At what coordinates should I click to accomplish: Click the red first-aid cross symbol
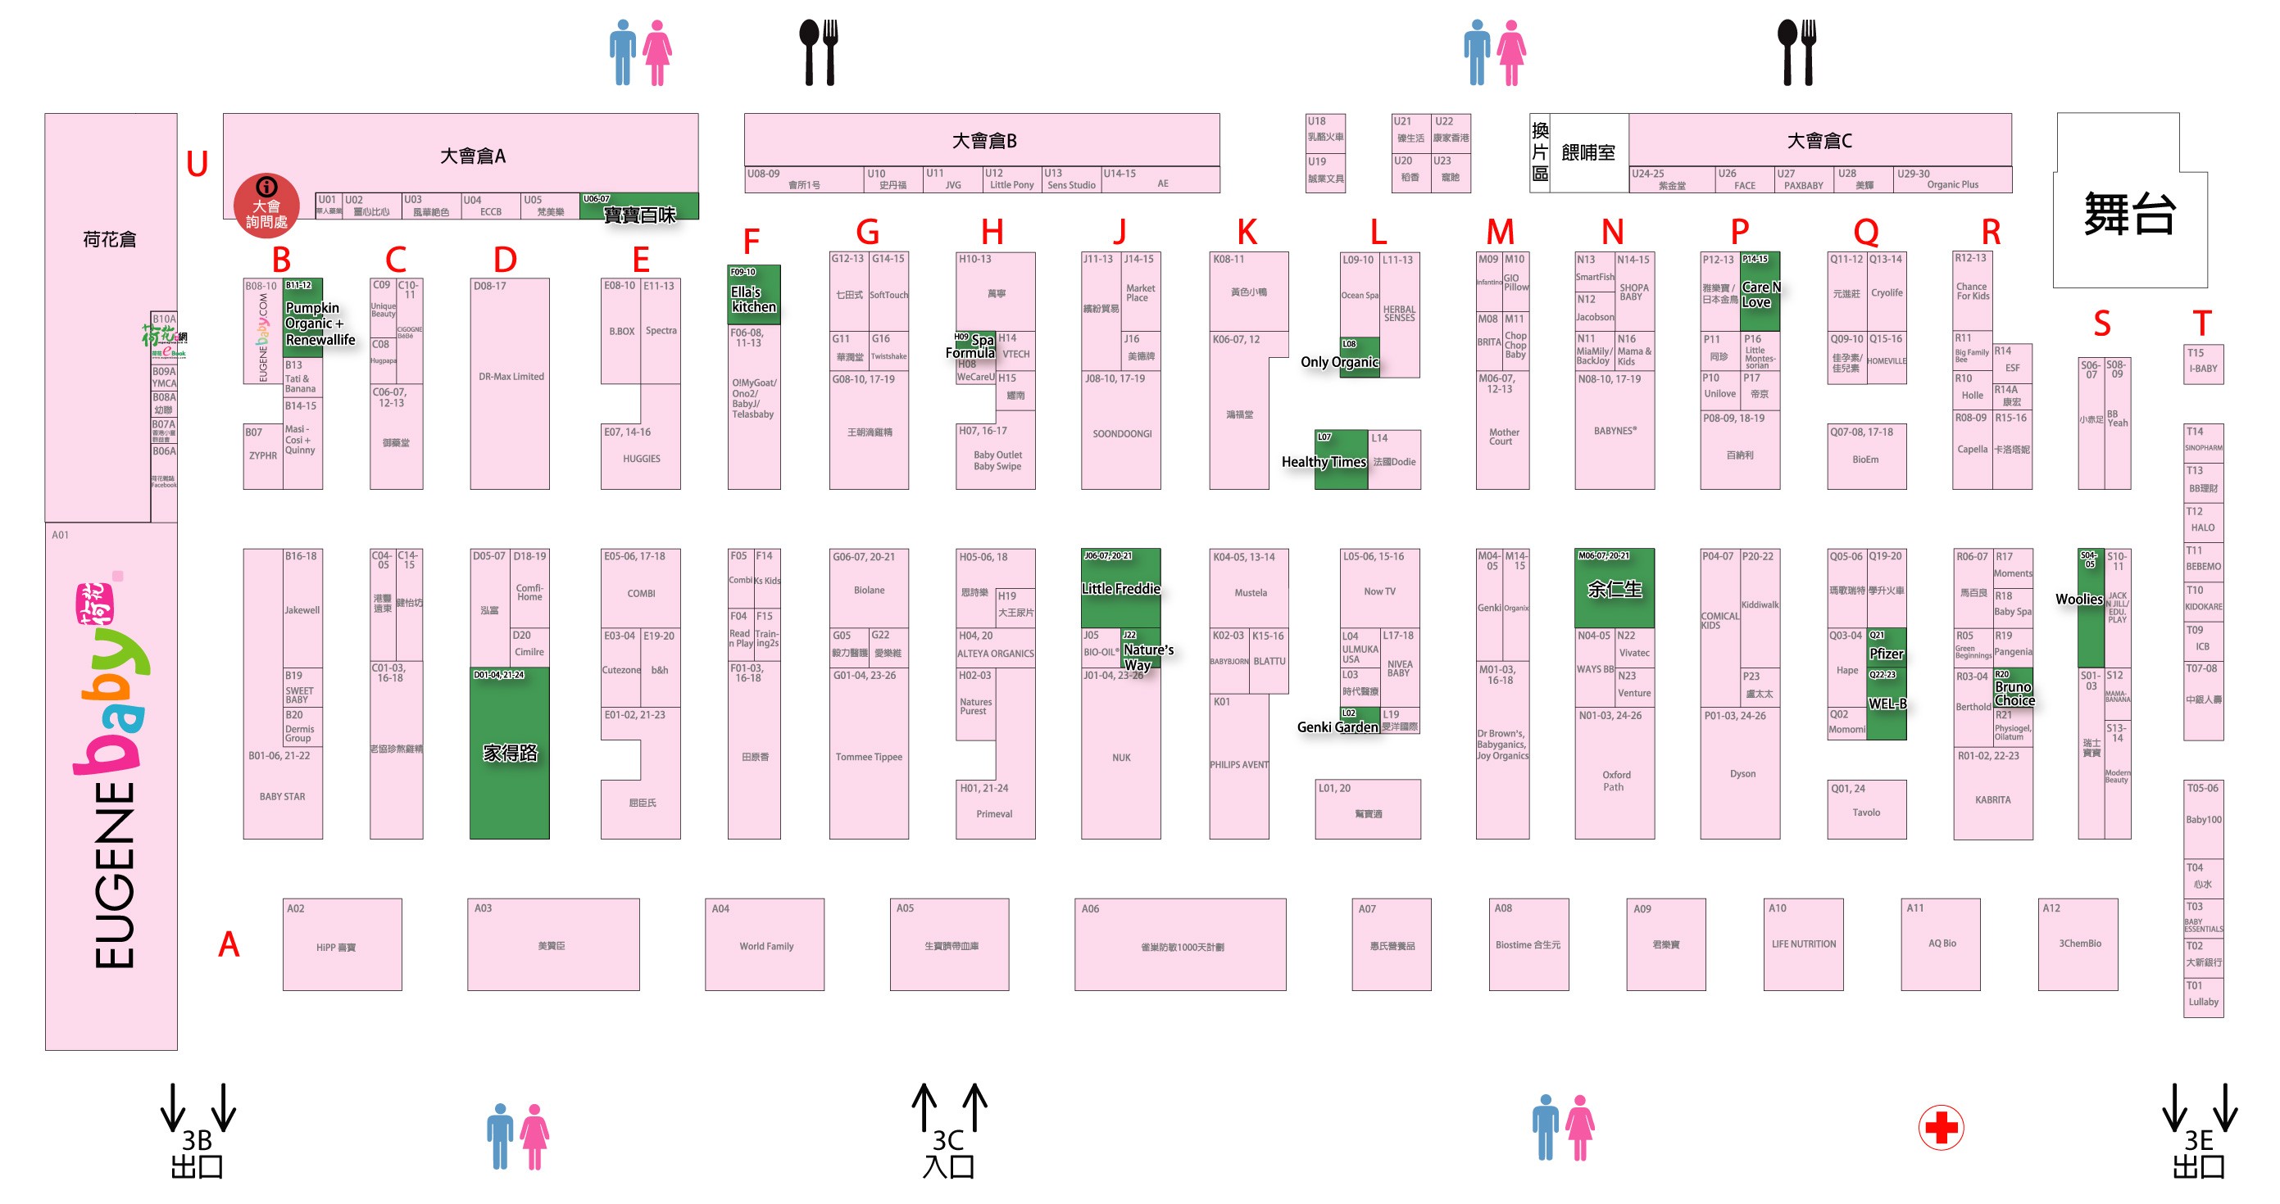tap(1940, 1127)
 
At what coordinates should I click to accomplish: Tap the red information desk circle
tap(266, 206)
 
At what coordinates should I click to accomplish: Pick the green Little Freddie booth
tap(1120, 587)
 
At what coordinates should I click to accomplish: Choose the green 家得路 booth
tap(509, 752)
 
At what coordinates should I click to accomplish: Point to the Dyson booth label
tap(1742, 774)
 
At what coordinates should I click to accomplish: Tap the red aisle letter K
tap(1247, 233)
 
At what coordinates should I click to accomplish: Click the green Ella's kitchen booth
tap(753, 298)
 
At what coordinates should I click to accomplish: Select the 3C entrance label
tap(948, 1152)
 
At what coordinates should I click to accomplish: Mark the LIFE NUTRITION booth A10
tap(1803, 944)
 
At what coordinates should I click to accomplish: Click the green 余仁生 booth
tap(1614, 588)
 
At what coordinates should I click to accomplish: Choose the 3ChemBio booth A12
tap(2078, 944)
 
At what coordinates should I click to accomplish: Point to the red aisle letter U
tap(197, 164)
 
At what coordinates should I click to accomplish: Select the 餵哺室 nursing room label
tap(1587, 153)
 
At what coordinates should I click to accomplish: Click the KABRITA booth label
tap(1992, 799)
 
